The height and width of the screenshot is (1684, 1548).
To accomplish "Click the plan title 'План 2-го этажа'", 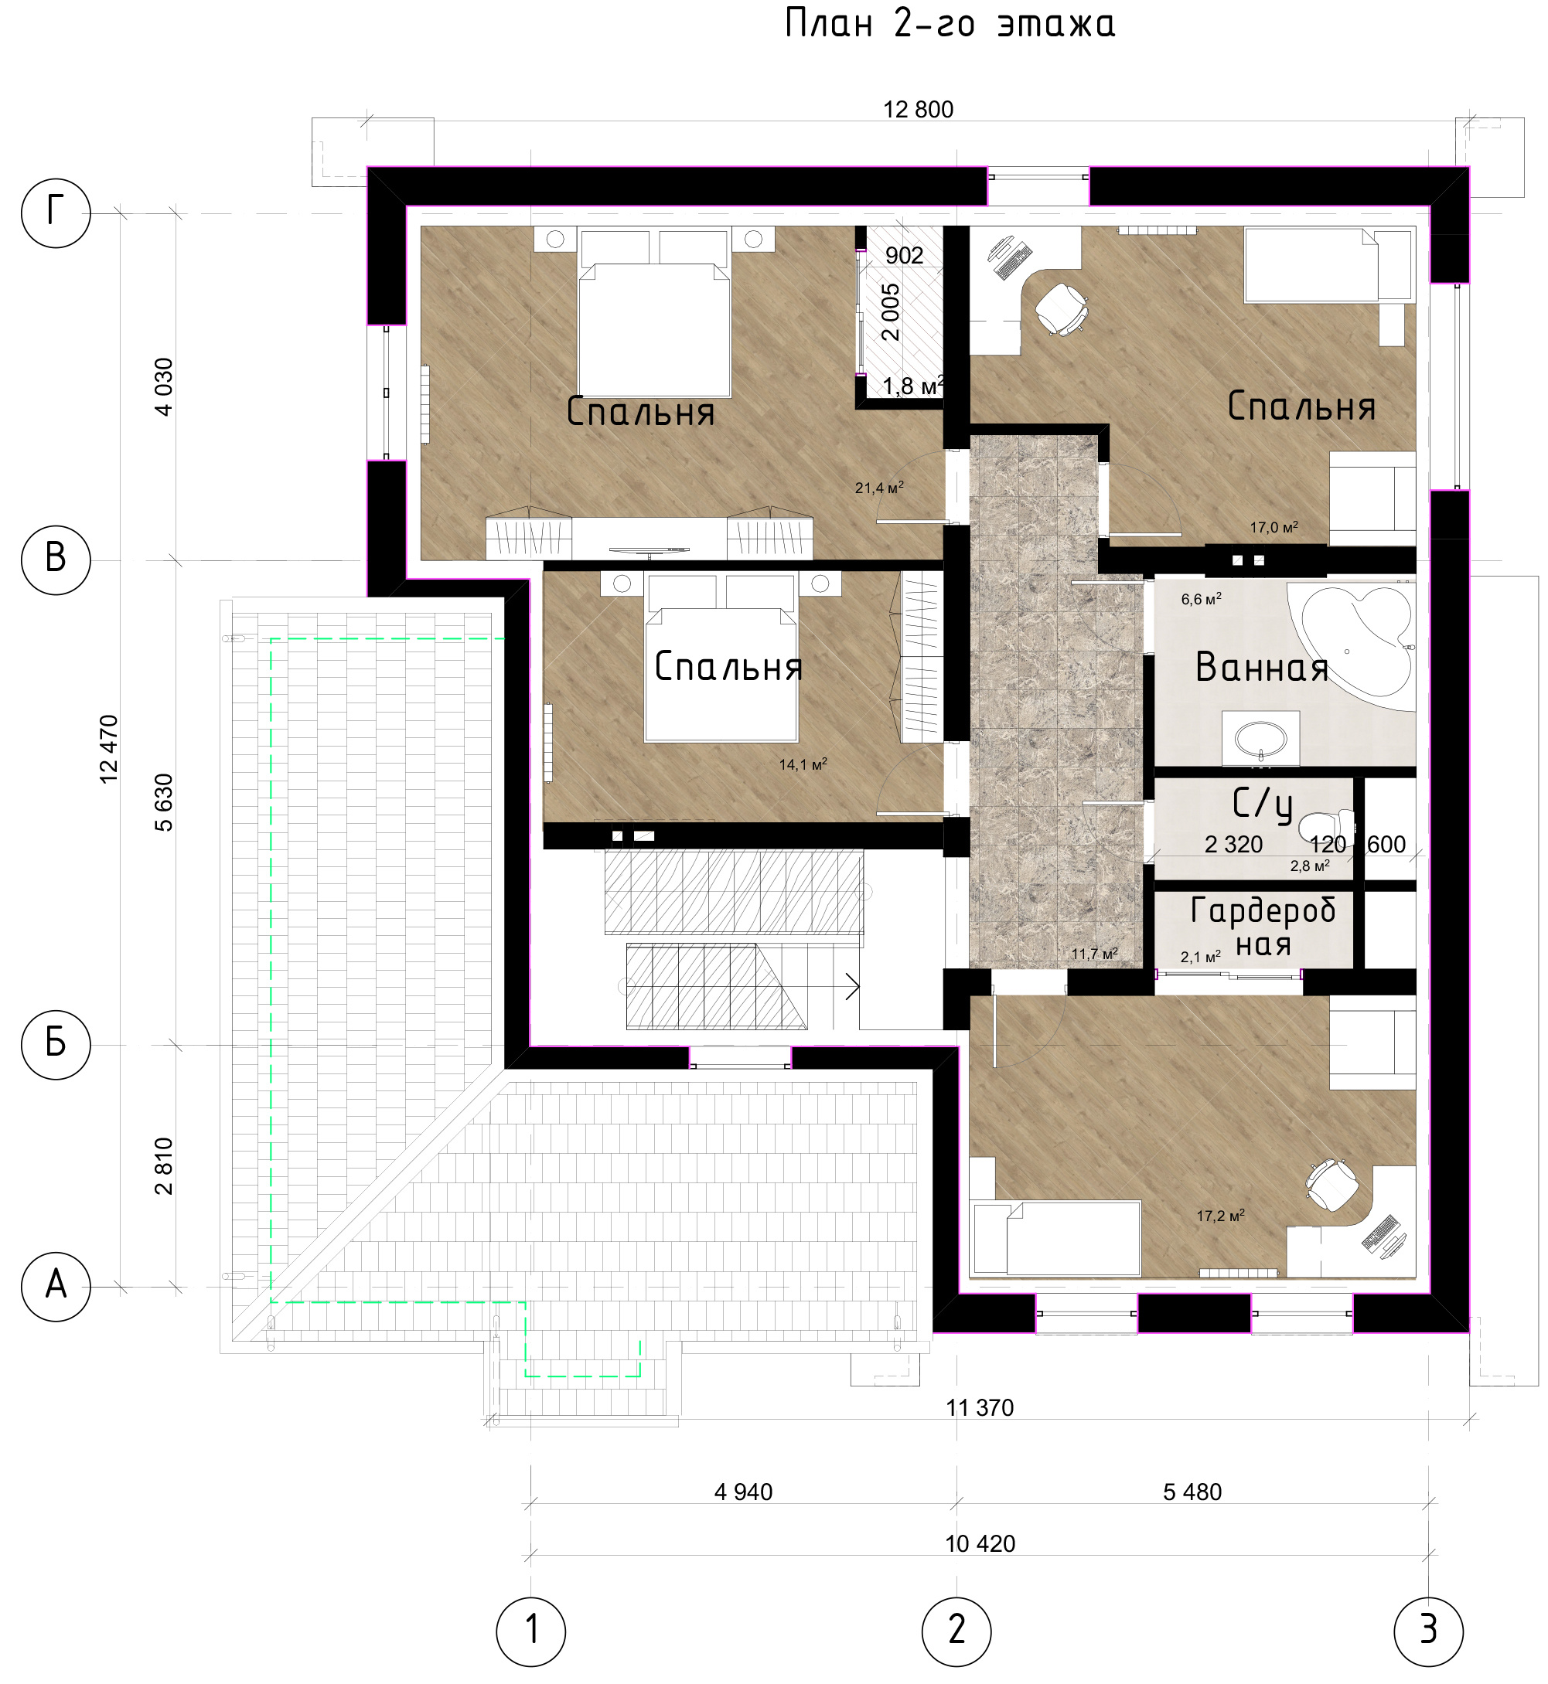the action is [x=950, y=23].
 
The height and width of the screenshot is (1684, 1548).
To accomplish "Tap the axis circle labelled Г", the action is [x=56, y=213].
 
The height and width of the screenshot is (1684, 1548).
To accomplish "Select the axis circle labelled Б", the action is [x=56, y=1044].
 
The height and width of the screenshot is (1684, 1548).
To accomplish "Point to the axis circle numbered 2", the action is [x=956, y=1631].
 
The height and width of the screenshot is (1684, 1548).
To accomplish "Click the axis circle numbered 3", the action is [x=1428, y=1631].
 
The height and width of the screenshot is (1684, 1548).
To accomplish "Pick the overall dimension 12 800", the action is [x=918, y=110].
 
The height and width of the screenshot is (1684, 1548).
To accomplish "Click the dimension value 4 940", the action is [x=743, y=1492].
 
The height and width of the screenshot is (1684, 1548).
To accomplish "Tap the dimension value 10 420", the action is [x=980, y=1544].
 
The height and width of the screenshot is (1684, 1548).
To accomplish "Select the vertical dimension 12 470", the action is [x=109, y=749].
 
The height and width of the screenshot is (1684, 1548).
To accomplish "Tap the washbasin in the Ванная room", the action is [x=1260, y=739].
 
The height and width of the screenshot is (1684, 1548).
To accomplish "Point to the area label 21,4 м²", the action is [x=878, y=488].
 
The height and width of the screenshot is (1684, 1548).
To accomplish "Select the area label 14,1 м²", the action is [x=803, y=764].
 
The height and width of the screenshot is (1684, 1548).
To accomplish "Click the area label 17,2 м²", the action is [x=1220, y=1215].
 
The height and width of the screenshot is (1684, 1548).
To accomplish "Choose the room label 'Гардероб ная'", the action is [x=1263, y=927].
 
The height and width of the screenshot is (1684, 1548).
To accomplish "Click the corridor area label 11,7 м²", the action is [x=1095, y=954].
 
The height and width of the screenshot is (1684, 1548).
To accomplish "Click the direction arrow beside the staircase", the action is [x=852, y=986].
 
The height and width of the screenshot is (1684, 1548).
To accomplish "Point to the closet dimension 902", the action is [x=904, y=255].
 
